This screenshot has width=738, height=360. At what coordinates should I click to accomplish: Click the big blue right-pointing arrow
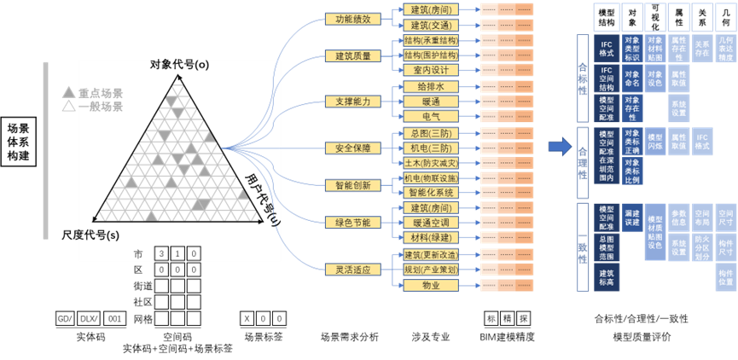click(x=560, y=146)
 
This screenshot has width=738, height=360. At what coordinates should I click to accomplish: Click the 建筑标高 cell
click(x=607, y=276)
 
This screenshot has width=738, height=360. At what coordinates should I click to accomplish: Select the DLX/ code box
click(x=89, y=318)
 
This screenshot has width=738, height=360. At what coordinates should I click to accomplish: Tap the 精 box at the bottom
click(x=508, y=318)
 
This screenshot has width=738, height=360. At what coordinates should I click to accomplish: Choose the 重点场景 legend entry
click(x=94, y=93)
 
